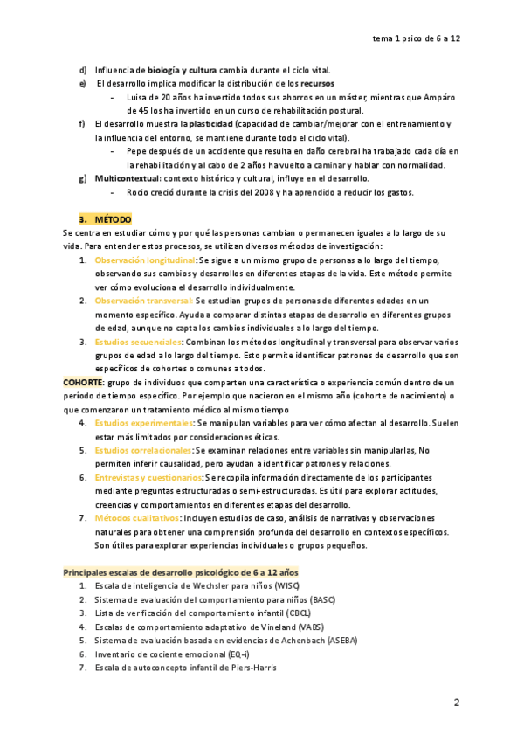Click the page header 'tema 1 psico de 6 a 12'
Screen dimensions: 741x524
point(429,38)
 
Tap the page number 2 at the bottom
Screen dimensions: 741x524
point(456,703)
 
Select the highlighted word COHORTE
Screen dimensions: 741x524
point(83,383)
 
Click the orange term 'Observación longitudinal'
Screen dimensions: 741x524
point(145,260)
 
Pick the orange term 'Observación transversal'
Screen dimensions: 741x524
point(143,301)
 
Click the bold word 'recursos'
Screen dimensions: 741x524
point(314,83)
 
